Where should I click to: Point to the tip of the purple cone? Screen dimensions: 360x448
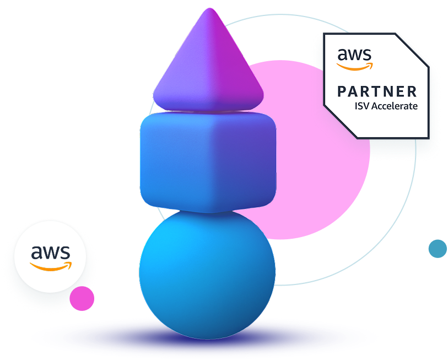tap(209, 12)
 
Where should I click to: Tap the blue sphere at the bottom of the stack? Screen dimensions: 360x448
tap(207, 273)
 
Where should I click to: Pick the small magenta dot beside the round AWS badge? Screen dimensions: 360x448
tap(82, 298)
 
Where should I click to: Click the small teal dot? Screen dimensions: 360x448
tap(438, 249)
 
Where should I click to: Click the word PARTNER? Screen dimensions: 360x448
tap(377, 91)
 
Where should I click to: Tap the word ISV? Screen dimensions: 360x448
tap(361, 106)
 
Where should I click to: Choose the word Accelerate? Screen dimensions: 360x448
tap(394, 106)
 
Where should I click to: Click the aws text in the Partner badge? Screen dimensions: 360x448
tap(354, 55)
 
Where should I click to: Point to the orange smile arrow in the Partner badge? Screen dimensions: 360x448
tap(355, 67)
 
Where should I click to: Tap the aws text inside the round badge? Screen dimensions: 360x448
tap(50, 252)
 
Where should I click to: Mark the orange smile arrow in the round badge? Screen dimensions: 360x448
tap(51, 266)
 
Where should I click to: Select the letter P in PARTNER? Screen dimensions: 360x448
tap(342, 91)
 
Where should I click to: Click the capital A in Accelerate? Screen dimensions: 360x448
tap(374, 106)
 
